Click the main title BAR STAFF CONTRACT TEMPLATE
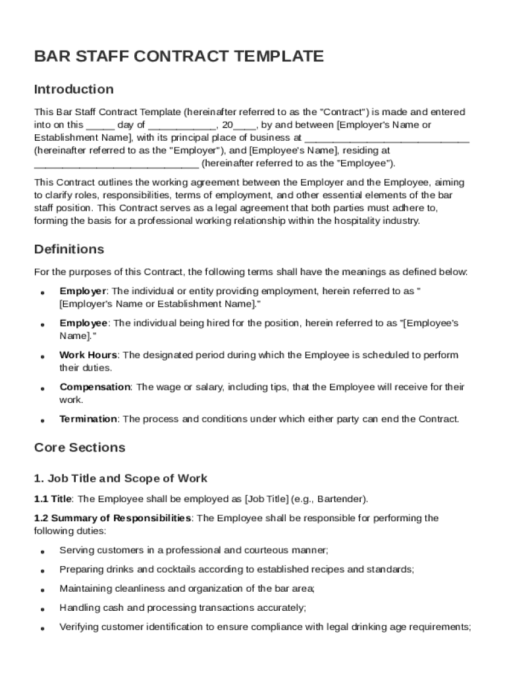click(x=178, y=57)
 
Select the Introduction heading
click(x=74, y=89)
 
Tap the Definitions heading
click(x=68, y=249)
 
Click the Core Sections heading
click(x=79, y=448)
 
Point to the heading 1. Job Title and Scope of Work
click(x=120, y=479)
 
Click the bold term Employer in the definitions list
click(x=83, y=291)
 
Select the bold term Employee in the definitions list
click(x=84, y=323)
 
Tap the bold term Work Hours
click(x=88, y=355)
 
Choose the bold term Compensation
click(x=95, y=387)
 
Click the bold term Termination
click(x=88, y=419)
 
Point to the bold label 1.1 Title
click(x=53, y=499)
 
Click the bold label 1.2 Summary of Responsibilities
click(x=113, y=519)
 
